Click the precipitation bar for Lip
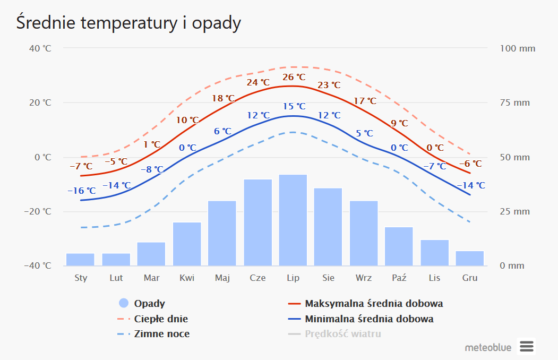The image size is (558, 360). coord(293,220)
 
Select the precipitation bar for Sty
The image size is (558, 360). coord(80,259)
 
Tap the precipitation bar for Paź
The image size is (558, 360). coord(399,246)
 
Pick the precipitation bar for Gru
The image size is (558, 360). coord(470,258)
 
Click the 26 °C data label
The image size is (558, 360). coord(294,78)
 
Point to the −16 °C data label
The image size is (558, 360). coord(81,191)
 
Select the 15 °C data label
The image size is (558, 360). coord(294,107)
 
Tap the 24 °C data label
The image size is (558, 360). coord(258,83)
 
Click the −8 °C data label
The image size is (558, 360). coord(152,170)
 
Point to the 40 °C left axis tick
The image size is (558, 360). coord(40,49)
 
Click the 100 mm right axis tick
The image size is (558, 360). coord(518,49)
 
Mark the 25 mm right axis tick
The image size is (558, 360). coord(515,212)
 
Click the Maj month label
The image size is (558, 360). coord(222,278)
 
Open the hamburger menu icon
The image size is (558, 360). coord(526,347)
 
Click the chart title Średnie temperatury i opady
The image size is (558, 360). coord(128,23)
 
